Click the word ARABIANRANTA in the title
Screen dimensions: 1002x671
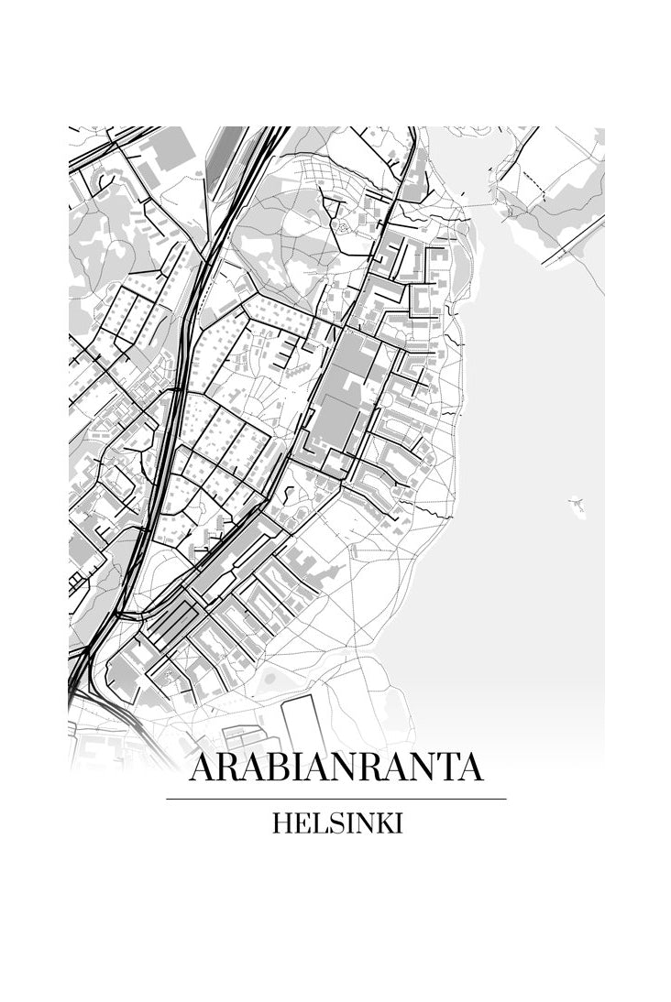[x=335, y=768]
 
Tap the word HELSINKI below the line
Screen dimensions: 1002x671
[x=336, y=823]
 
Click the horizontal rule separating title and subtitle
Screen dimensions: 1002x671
[x=335, y=799]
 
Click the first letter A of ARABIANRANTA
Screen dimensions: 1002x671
[x=203, y=768]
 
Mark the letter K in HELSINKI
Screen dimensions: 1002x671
[x=382, y=823]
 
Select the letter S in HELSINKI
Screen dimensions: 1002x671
[x=327, y=823]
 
